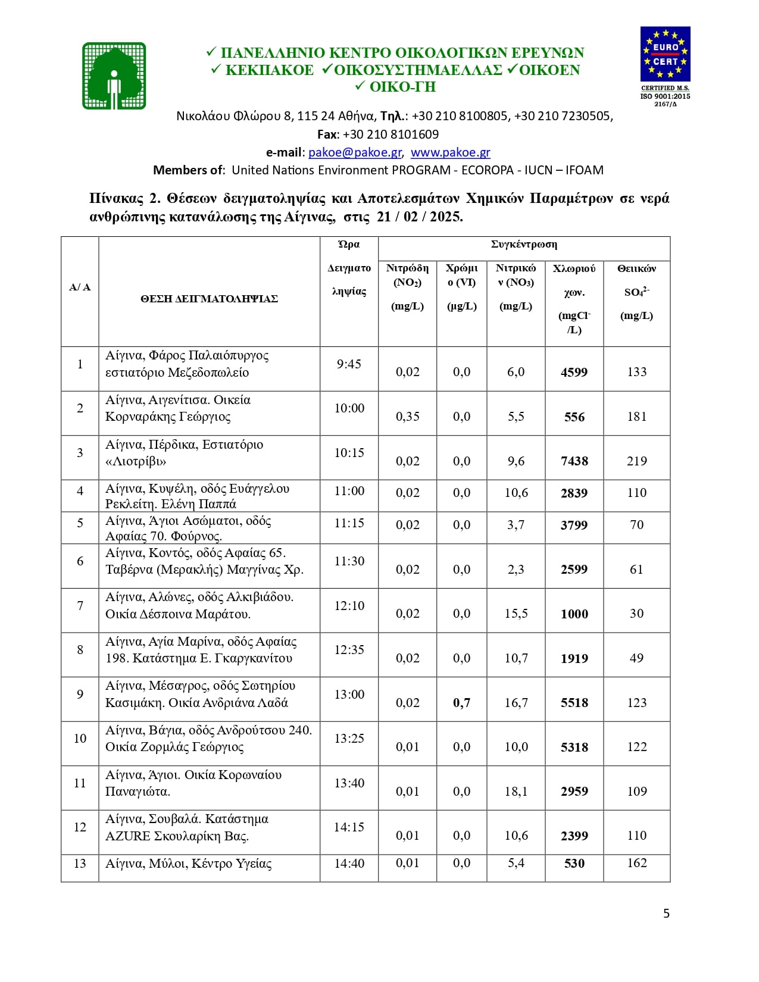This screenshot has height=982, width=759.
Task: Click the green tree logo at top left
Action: tap(114, 76)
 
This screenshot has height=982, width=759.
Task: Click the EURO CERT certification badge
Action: tap(665, 54)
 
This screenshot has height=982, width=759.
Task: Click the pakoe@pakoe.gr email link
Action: tap(355, 152)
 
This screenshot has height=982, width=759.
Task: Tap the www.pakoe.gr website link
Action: tap(450, 152)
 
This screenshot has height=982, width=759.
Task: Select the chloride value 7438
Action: tap(574, 461)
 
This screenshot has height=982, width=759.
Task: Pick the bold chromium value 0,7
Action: tap(461, 703)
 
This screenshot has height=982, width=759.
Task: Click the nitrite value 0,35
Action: tap(407, 417)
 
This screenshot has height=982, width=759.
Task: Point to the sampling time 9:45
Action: tap(349, 364)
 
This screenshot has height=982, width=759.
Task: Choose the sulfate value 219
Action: tap(636, 461)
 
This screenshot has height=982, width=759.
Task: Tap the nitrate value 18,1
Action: tap(516, 792)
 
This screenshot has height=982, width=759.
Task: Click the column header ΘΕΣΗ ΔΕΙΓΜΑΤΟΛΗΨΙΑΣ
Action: tap(209, 299)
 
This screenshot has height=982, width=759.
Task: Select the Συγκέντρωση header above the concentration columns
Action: tap(524, 245)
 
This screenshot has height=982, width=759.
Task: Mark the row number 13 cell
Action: tap(80, 864)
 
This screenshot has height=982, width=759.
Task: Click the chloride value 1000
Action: tap(574, 614)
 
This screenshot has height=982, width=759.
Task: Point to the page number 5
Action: tap(666, 914)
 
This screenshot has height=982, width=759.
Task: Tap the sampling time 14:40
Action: tap(349, 864)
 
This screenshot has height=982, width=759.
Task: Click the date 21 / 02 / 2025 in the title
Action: tap(420, 217)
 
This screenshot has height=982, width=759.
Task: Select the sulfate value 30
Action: tap(636, 614)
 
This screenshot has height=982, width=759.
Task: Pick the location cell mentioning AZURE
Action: tap(187, 828)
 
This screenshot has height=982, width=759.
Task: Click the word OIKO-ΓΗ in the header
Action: tap(402, 87)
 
